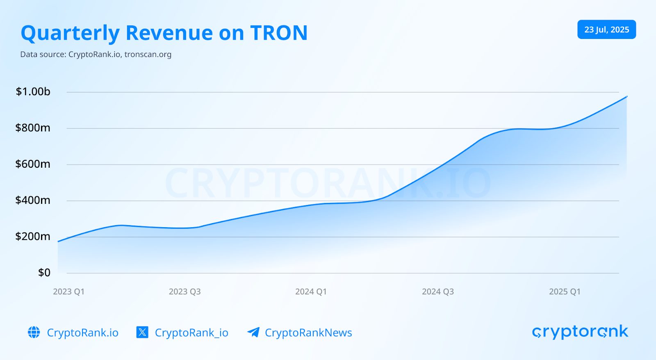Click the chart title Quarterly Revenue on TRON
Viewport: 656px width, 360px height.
click(x=164, y=33)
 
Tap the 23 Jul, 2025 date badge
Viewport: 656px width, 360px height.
click(x=606, y=30)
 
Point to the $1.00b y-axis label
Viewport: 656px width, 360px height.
click(x=33, y=91)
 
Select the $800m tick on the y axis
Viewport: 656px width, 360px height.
click(x=33, y=128)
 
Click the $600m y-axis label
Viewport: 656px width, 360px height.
click(x=33, y=164)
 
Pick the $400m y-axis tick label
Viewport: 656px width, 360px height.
click(x=33, y=200)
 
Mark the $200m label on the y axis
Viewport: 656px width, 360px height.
click(x=33, y=236)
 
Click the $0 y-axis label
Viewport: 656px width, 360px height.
click(x=44, y=273)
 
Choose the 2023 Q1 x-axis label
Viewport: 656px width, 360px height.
click(x=68, y=292)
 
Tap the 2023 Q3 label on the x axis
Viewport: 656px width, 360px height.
click(x=184, y=292)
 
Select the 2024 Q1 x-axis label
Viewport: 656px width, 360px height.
click(x=311, y=292)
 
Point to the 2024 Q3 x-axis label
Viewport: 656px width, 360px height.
click(x=437, y=292)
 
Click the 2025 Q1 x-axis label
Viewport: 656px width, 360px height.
click(x=565, y=292)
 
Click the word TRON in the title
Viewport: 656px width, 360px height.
click(x=279, y=33)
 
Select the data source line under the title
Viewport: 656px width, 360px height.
click(x=96, y=55)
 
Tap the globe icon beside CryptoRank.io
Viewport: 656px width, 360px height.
click(x=34, y=332)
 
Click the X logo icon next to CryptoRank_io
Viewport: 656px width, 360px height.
click(x=142, y=332)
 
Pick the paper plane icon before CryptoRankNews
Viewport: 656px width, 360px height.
click(x=253, y=332)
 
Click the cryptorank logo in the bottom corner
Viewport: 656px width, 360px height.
click(x=580, y=332)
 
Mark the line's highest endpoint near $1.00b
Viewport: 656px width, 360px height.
click(x=626, y=96)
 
